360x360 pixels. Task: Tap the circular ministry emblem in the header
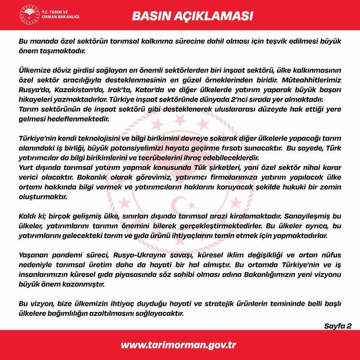pyautogui.click(x=29, y=16)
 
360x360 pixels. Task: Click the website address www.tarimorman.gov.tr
pyautogui.click(x=178, y=345)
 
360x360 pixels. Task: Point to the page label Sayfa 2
pyautogui.click(x=338, y=326)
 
